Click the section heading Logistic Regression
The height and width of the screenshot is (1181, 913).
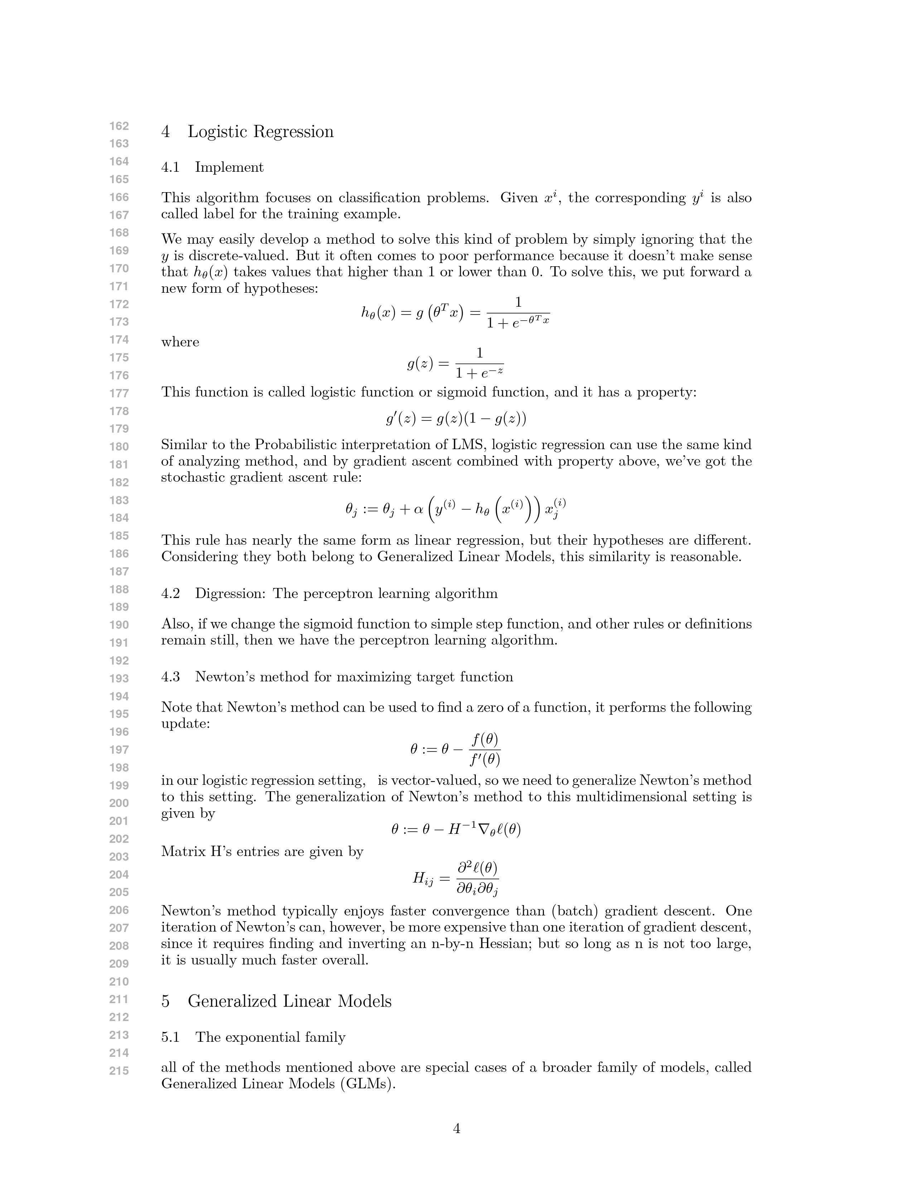pos(260,132)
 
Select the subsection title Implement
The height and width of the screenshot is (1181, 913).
pos(230,167)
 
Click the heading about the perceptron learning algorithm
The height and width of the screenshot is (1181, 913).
pos(346,594)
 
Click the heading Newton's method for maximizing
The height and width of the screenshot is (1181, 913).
pos(354,677)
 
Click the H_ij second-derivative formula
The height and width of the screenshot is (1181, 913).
pos(455,879)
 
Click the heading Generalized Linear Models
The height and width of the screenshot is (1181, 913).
pos(289,1001)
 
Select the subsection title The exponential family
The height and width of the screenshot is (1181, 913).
pos(270,1037)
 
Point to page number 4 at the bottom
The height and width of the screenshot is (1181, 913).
pos(456,1128)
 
